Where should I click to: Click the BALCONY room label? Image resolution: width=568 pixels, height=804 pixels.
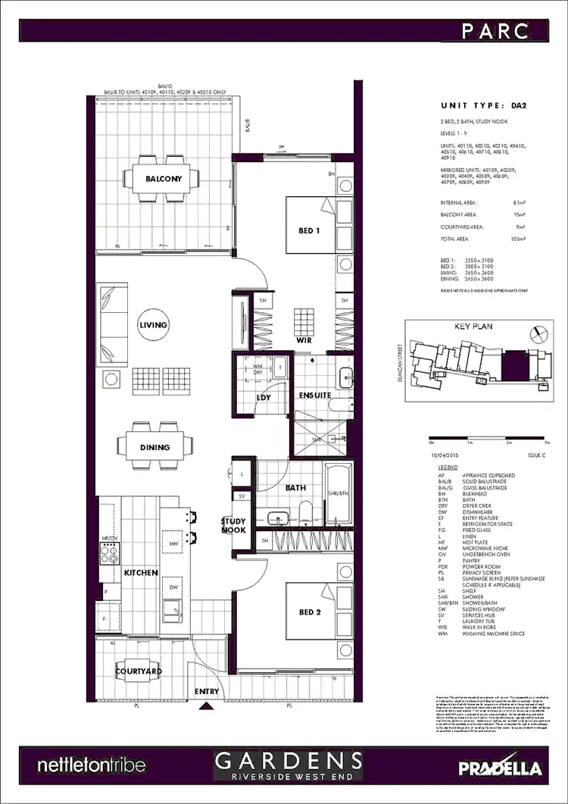[163, 180]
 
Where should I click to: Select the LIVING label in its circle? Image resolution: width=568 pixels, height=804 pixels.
[153, 325]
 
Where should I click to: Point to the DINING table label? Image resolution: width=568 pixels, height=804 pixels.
[154, 447]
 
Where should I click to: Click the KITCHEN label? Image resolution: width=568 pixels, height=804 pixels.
[141, 573]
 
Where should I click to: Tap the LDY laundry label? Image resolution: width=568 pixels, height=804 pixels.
[264, 397]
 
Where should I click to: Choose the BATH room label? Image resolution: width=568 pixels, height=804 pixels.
[295, 488]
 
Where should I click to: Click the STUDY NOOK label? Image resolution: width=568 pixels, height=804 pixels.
[233, 525]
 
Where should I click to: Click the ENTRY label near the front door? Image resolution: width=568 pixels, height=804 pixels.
[207, 691]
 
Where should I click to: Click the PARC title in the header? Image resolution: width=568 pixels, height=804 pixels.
[504, 30]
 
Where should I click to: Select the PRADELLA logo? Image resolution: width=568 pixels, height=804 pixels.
[501, 766]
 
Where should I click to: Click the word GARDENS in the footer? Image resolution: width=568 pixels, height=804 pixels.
[287, 760]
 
